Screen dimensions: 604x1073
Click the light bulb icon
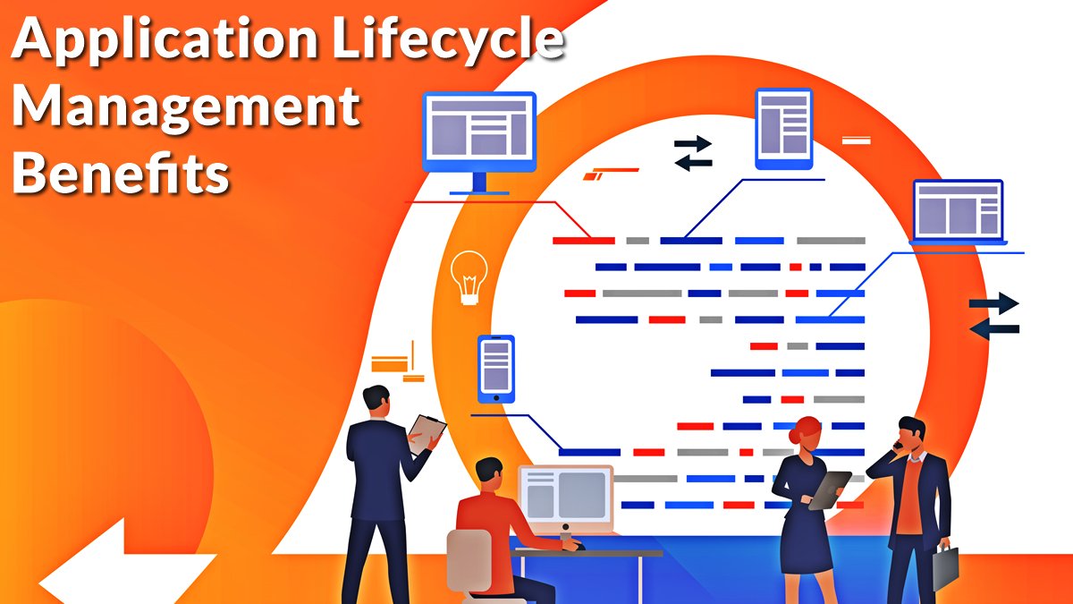[469, 277]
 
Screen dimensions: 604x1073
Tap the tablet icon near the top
[783, 128]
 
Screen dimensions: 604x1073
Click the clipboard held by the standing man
[427, 433]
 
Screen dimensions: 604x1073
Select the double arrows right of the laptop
[994, 316]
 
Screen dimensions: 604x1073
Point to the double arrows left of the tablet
[693, 153]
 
